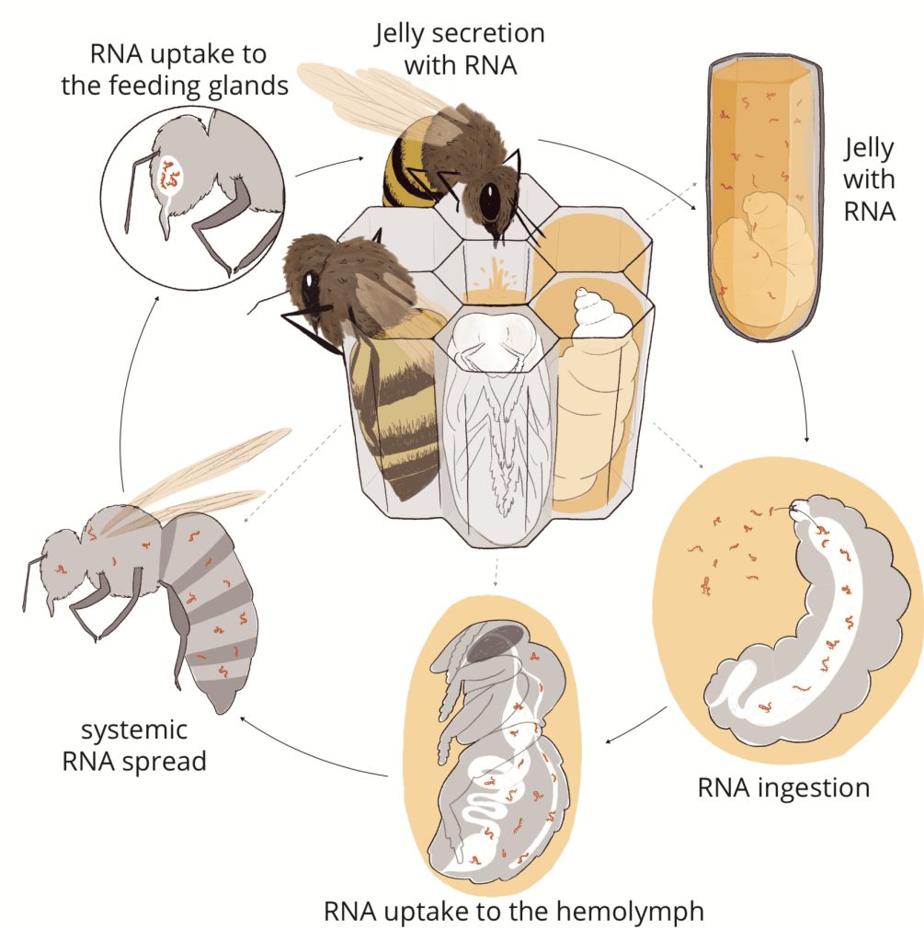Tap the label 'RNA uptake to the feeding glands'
[x=177, y=69]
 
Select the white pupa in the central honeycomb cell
[x=496, y=414]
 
